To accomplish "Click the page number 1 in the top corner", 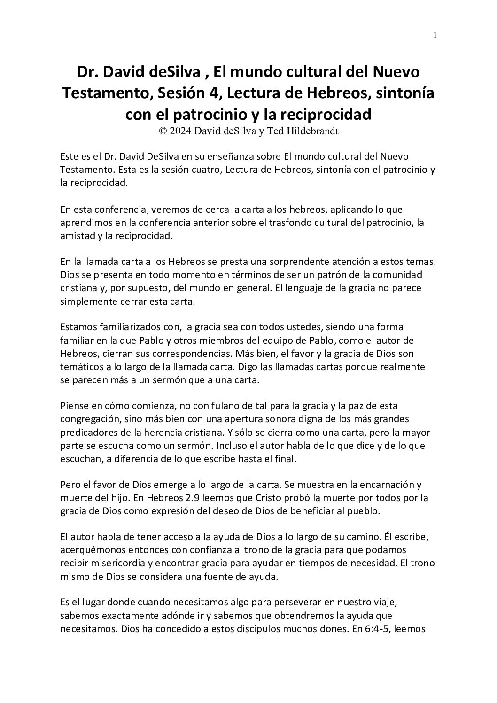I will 435,35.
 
